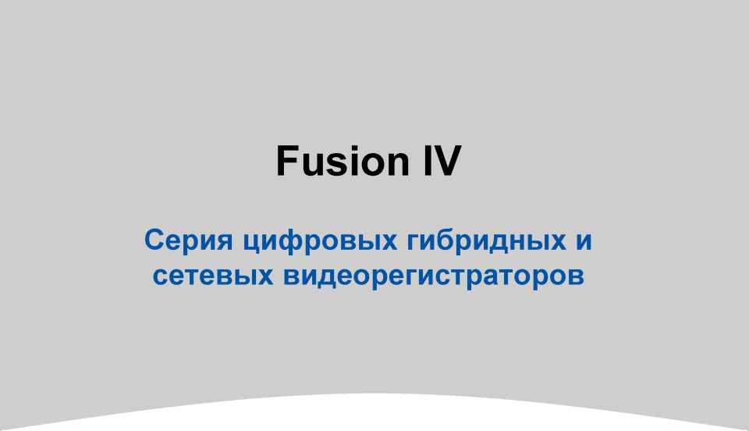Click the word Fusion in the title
[x=343, y=161]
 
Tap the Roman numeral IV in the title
[x=442, y=161]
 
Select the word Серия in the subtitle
[x=188, y=240]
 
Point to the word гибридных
[x=486, y=240]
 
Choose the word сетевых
[x=213, y=276]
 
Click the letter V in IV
[x=447, y=161]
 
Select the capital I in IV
[x=427, y=161]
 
